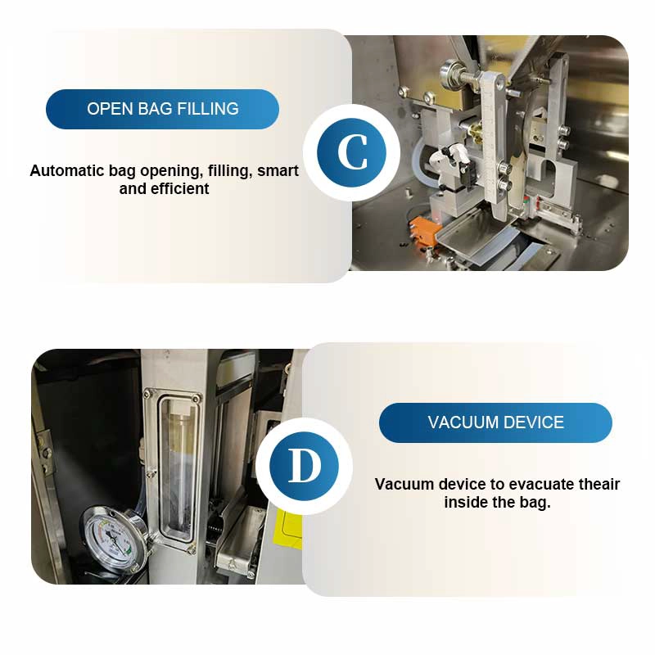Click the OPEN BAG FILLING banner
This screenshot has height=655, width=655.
click(x=162, y=109)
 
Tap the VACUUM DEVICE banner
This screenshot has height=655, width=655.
click(x=495, y=422)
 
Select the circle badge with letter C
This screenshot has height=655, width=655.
click(x=352, y=152)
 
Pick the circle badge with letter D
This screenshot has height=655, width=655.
click(x=304, y=466)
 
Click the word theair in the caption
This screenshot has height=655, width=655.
click(x=599, y=485)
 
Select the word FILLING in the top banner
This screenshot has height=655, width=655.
click(x=208, y=109)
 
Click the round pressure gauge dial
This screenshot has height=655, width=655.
click(x=114, y=536)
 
